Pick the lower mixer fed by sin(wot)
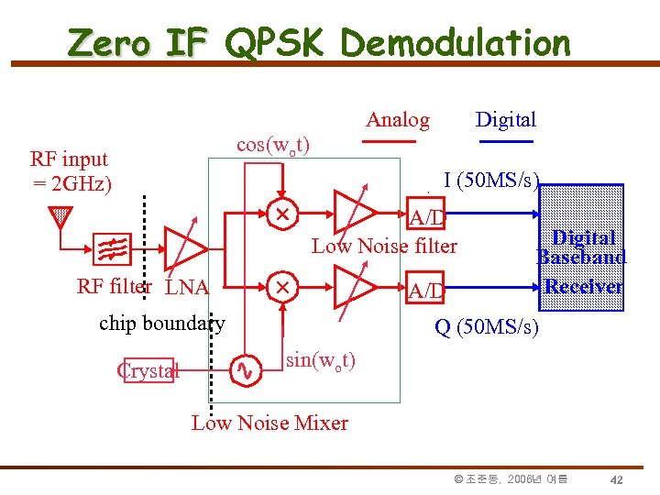[282, 287]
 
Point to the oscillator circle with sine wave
[245, 369]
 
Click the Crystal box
[147, 370]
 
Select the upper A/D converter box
[426, 216]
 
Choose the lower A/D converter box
[426, 291]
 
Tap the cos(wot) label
[272, 146]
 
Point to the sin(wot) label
[322, 359]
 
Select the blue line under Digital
[505, 142]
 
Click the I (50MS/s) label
[492, 180]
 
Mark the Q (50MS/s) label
[487, 327]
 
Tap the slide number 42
[617, 479]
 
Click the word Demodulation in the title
[455, 43]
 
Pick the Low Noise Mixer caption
[269, 423]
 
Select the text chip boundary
[161, 323]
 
